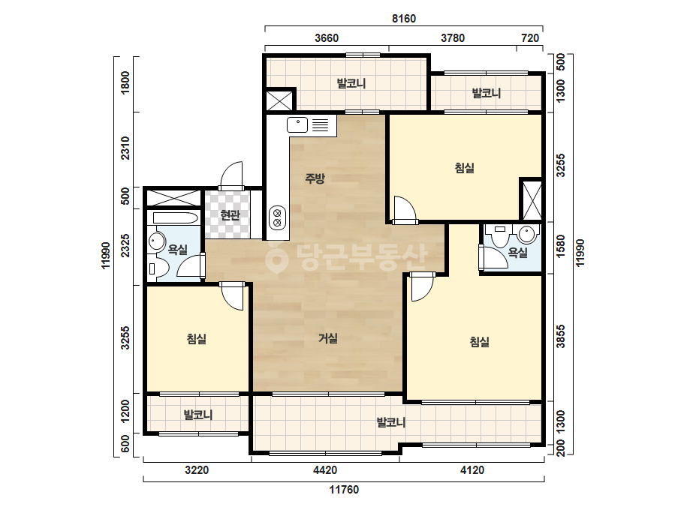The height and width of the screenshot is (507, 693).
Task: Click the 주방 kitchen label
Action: click(x=315, y=178)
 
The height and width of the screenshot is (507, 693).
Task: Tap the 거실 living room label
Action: click(x=328, y=338)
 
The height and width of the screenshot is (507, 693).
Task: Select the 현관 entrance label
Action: click(x=230, y=215)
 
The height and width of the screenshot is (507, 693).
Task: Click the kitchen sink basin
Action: click(x=297, y=125)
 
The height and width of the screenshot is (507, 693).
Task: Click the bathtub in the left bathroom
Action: click(x=175, y=218)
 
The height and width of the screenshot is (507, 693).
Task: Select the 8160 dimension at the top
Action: click(x=404, y=19)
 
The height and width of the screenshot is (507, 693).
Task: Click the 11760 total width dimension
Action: click(x=344, y=489)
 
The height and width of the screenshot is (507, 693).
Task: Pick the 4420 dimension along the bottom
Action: click(x=325, y=470)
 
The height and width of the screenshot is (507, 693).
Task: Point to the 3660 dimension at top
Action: click(x=327, y=38)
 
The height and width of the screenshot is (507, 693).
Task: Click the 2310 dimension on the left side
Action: click(x=125, y=148)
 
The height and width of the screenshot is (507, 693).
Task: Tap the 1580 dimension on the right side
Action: click(x=560, y=246)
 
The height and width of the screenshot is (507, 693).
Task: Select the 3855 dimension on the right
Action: click(x=560, y=337)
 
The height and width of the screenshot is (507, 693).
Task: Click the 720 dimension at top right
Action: click(x=530, y=38)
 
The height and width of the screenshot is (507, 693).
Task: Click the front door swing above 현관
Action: click(x=231, y=175)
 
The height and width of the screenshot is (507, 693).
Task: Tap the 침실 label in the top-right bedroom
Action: click(x=464, y=168)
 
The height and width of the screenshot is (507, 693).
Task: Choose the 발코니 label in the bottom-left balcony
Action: click(x=198, y=415)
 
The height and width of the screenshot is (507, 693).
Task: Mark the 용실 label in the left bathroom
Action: click(x=178, y=250)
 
